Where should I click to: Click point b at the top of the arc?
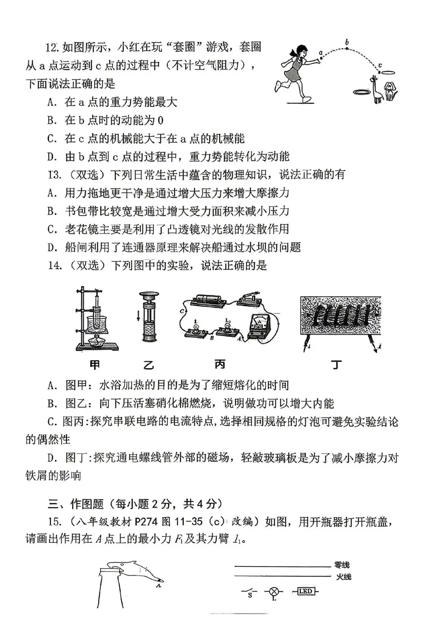pos(347,48)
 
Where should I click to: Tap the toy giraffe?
pos(377,90)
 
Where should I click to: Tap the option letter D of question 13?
pos(52,248)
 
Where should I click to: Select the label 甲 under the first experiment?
pos(95,365)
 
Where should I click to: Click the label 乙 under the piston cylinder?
pos(149,365)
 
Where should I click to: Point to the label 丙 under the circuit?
pos(220,364)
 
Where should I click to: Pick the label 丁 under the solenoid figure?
pos(336,365)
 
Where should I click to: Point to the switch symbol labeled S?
pos(249,591)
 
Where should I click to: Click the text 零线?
pos(342,565)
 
